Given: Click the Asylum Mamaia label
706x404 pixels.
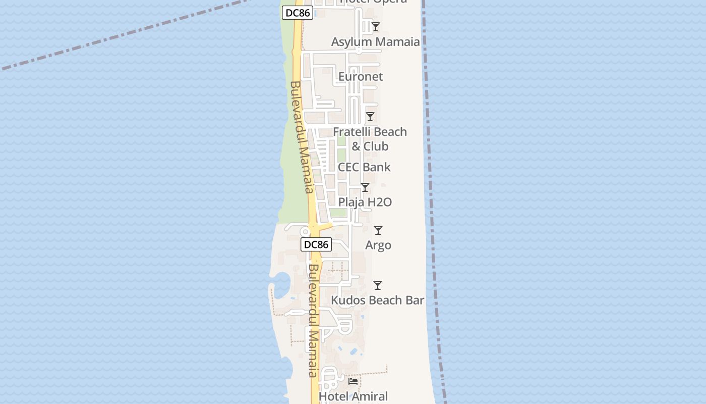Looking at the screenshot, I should (375, 42).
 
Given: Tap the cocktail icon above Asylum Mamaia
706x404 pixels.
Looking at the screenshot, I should (375, 27).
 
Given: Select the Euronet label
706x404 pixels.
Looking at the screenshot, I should (361, 77).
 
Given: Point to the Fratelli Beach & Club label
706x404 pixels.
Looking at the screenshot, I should (370, 139).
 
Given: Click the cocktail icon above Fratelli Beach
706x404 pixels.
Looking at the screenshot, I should (370, 117).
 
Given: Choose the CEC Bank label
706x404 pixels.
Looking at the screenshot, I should (364, 167).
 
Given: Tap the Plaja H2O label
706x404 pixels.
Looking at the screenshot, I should (365, 202).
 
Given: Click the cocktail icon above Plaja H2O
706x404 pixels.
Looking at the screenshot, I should (365, 187).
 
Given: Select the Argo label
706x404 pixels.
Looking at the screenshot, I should (378, 245).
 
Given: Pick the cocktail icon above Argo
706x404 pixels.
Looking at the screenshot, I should (378, 230).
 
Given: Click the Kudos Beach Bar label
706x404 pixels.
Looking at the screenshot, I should (377, 300).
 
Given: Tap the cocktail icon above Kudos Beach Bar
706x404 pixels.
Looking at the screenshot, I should (377, 285).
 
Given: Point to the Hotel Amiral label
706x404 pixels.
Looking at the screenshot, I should (353, 397).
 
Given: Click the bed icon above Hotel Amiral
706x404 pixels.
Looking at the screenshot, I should (353, 381).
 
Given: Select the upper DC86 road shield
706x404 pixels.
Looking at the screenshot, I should (297, 13).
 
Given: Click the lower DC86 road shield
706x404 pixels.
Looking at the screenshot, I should (316, 245).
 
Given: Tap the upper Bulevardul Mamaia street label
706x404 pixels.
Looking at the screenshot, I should (302, 137).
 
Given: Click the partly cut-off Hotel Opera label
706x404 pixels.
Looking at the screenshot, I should (373, 2).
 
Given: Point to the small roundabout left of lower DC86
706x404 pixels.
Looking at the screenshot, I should (305, 232).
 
